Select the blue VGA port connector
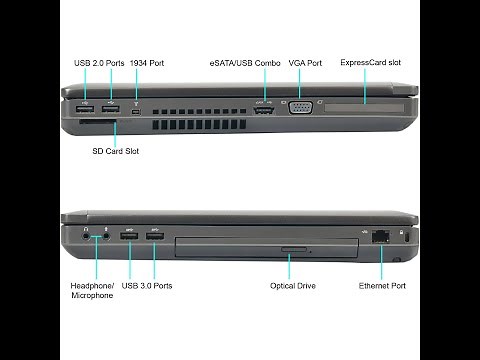(x=299, y=109)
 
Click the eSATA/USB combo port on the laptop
(x=264, y=111)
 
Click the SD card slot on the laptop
(x=97, y=125)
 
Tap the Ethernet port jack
(x=381, y=238)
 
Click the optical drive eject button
(x=291, y=246)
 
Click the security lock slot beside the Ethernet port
(x=404, y=239)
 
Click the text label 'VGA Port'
(x=305, y=63)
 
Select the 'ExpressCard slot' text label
(x=370, y=63)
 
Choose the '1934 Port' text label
(x=148, y=63)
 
